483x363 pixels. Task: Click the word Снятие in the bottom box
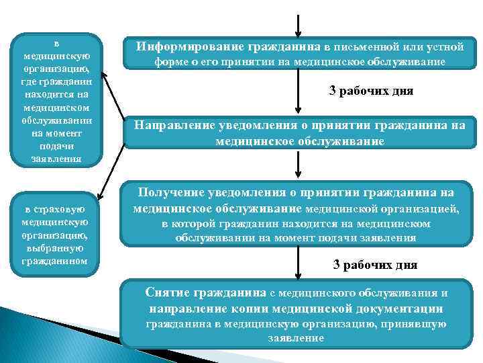(168, 293)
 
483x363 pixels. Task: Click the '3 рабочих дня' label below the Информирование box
(370, 91)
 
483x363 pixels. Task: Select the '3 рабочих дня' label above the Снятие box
(375, 265)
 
